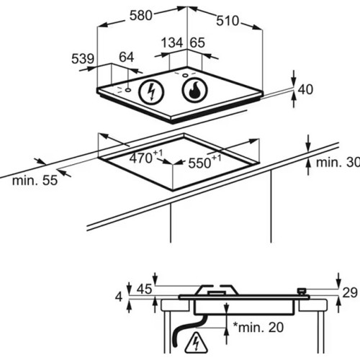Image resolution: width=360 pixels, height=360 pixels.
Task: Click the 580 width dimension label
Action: [x=141, y=16]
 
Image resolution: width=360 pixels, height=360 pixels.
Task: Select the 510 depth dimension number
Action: [x=228, y=21]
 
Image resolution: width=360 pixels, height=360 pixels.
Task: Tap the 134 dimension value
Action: [x=172, y=43]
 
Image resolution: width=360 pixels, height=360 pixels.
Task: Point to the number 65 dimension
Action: [x=197, y=43]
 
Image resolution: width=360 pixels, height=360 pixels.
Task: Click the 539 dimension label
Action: [x=83, y=59]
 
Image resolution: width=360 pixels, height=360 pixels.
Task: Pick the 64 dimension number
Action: [x=127, y=58]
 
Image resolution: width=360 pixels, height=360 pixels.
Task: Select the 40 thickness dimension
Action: [x=305, y=89]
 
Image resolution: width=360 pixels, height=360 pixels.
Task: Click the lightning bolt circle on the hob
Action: [x=152, y=92]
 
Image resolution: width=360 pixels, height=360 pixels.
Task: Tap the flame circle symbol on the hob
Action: [x=194, y=90]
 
